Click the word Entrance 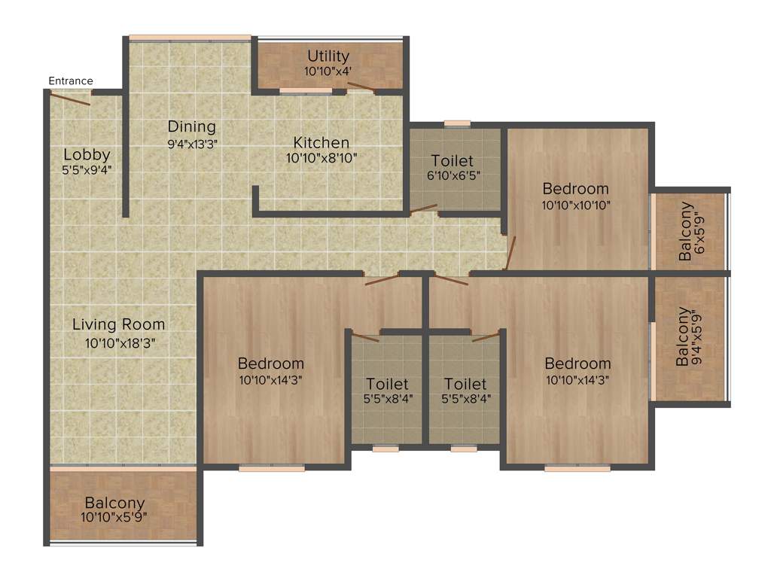click(71, 81)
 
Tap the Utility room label click(328, 56)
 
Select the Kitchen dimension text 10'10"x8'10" click(321, 158)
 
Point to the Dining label click(191, 126)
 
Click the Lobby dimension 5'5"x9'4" click(87, 169)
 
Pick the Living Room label click(118, 325)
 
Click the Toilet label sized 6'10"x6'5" click(453, 160)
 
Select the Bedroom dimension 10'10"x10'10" click(575, 204)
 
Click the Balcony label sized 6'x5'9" click(685, 231)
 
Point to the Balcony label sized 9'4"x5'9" click(682, 336)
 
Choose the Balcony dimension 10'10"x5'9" click(114, 517)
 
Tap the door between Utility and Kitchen click(362, 88)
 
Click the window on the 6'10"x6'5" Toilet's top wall click(457, 123)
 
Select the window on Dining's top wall click(190, 38)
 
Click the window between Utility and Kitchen click(306, 91)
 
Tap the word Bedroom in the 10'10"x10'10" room click(575, 188)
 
